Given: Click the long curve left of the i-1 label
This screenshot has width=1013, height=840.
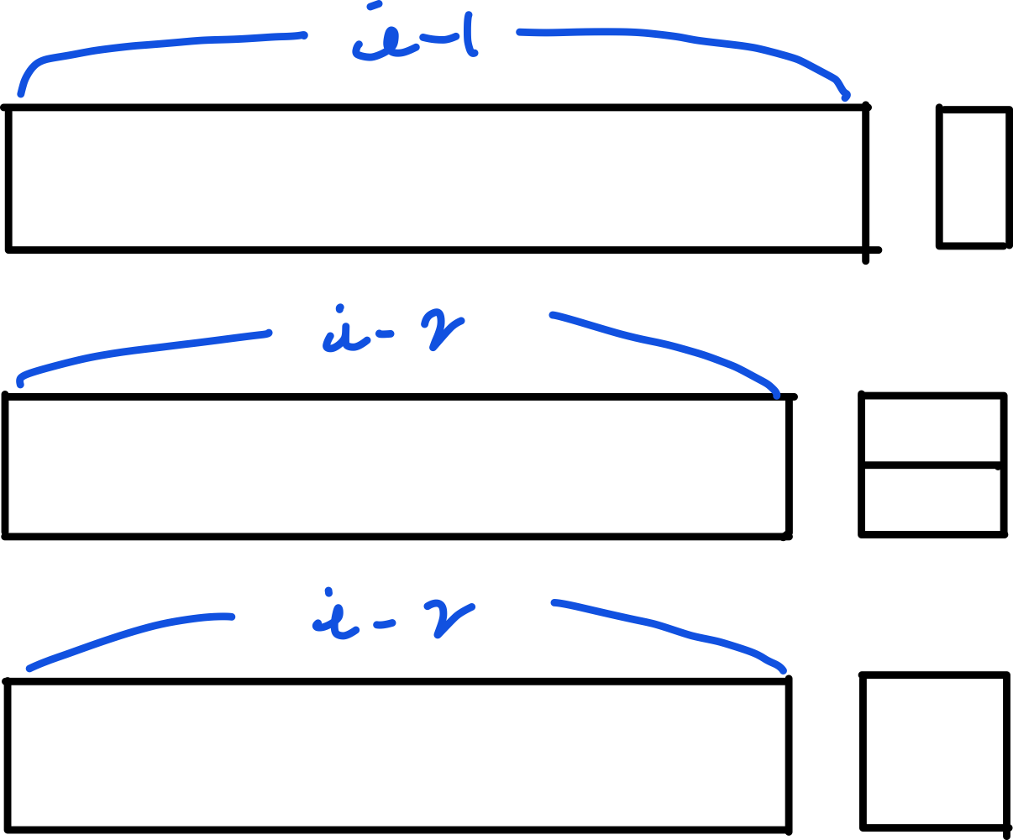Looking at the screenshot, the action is click(x=168, y=43).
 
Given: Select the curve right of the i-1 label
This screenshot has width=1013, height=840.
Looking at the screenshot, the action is click(x=672, y=36).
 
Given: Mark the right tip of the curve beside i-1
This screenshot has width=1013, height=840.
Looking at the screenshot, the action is click(x=845, y=96).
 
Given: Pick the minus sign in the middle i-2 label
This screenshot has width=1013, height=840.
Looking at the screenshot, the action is click(x=384, y=334).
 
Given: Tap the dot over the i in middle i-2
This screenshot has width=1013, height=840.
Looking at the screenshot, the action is click(x=339, y=308).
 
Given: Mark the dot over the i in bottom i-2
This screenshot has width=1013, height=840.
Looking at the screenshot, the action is click(x=328, y=591).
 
